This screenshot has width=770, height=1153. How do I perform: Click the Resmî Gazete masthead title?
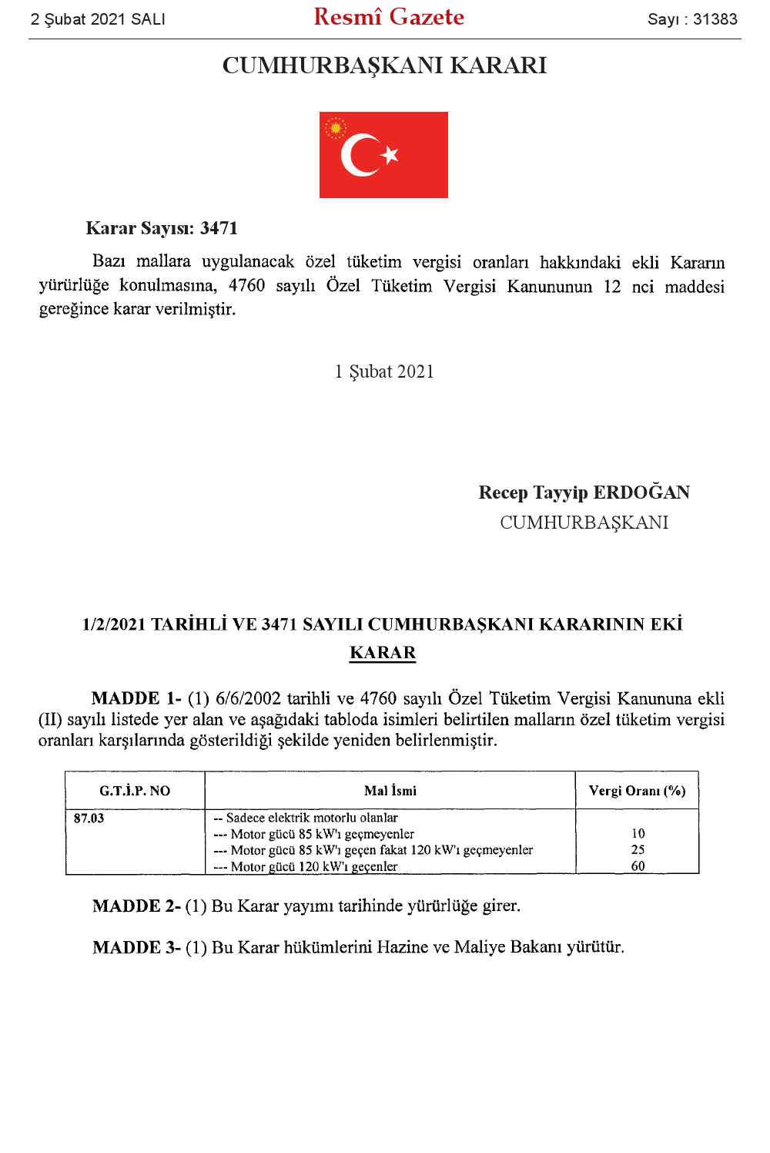[x=389, y=17]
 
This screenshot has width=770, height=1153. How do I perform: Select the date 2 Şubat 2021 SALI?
[x=98, y=19]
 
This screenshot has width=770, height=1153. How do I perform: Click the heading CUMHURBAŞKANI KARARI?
[x=384, y=66]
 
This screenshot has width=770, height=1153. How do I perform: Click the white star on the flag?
[x=390, y=154]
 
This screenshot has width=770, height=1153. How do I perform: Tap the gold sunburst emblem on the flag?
[x=335, y=128]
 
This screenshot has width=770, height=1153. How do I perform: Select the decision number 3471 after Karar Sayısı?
[x=219, y=228]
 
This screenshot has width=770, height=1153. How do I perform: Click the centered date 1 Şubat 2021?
[x=384, y=371]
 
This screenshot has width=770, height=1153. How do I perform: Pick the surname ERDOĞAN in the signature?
[x=641, y=492]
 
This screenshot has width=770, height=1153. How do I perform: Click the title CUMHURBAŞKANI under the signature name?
[x=584, y=523]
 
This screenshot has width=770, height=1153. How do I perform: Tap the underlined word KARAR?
[x=383, y=653]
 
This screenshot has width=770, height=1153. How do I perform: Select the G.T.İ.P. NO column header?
[x=135, y=791]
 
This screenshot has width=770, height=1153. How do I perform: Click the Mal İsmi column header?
[x=390, y=791]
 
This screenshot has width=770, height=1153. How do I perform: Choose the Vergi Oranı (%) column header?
[x=637, y=791]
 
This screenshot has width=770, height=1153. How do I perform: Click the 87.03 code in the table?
[x=89, y=819]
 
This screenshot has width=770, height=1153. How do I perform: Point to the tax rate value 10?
[x=638, y=834]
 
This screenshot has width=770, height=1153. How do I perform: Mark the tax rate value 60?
[x=638, y=866]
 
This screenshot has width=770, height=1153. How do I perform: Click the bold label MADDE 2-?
[x=136, y=906]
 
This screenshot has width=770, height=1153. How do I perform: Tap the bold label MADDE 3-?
[x=136, y=948]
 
